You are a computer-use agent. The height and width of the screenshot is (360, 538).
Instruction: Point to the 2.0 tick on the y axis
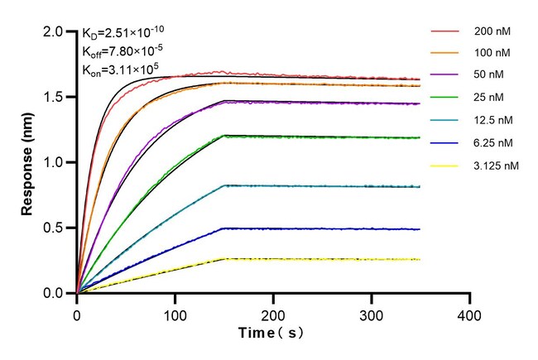pyautogui.click(x=54, y=31)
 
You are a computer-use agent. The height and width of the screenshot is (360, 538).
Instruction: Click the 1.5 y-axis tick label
pyautogui.click(x=54, y=97)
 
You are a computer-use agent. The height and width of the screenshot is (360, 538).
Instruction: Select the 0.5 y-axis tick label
pyautogui.click(x=54, y=228)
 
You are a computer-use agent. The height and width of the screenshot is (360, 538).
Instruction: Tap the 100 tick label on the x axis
pyautogui.click(x=175, y=315)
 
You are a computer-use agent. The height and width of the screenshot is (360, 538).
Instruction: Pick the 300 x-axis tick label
pyautogui.click(x=371, y=315)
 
